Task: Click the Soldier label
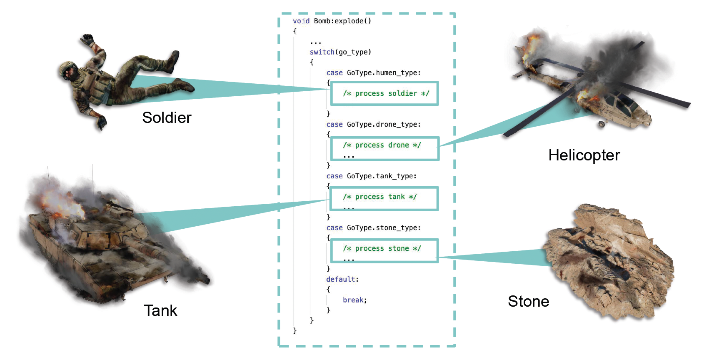(x=167, y=118)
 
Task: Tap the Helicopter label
(x=584, y=155)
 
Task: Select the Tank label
(x=160, y=311)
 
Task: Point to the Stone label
(x=528, y=302)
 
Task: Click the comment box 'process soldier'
(x=384, y=94)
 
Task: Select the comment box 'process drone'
(x=384, y=149)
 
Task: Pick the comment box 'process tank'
(x=384, y=199)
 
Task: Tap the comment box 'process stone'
(x=384, y=250)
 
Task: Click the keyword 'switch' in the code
(x=322, y=52)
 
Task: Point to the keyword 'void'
(x=301, y=21)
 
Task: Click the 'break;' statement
(x=354, y=300)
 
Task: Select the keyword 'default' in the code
(x=341, y=279)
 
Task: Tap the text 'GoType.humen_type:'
(x=384, y=73)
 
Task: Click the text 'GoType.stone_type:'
(x=384, y=228)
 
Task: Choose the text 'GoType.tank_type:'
(x=382, y=176)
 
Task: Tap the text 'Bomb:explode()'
(x=342, y=21)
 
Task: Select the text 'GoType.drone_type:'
(x=384, y=125)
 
